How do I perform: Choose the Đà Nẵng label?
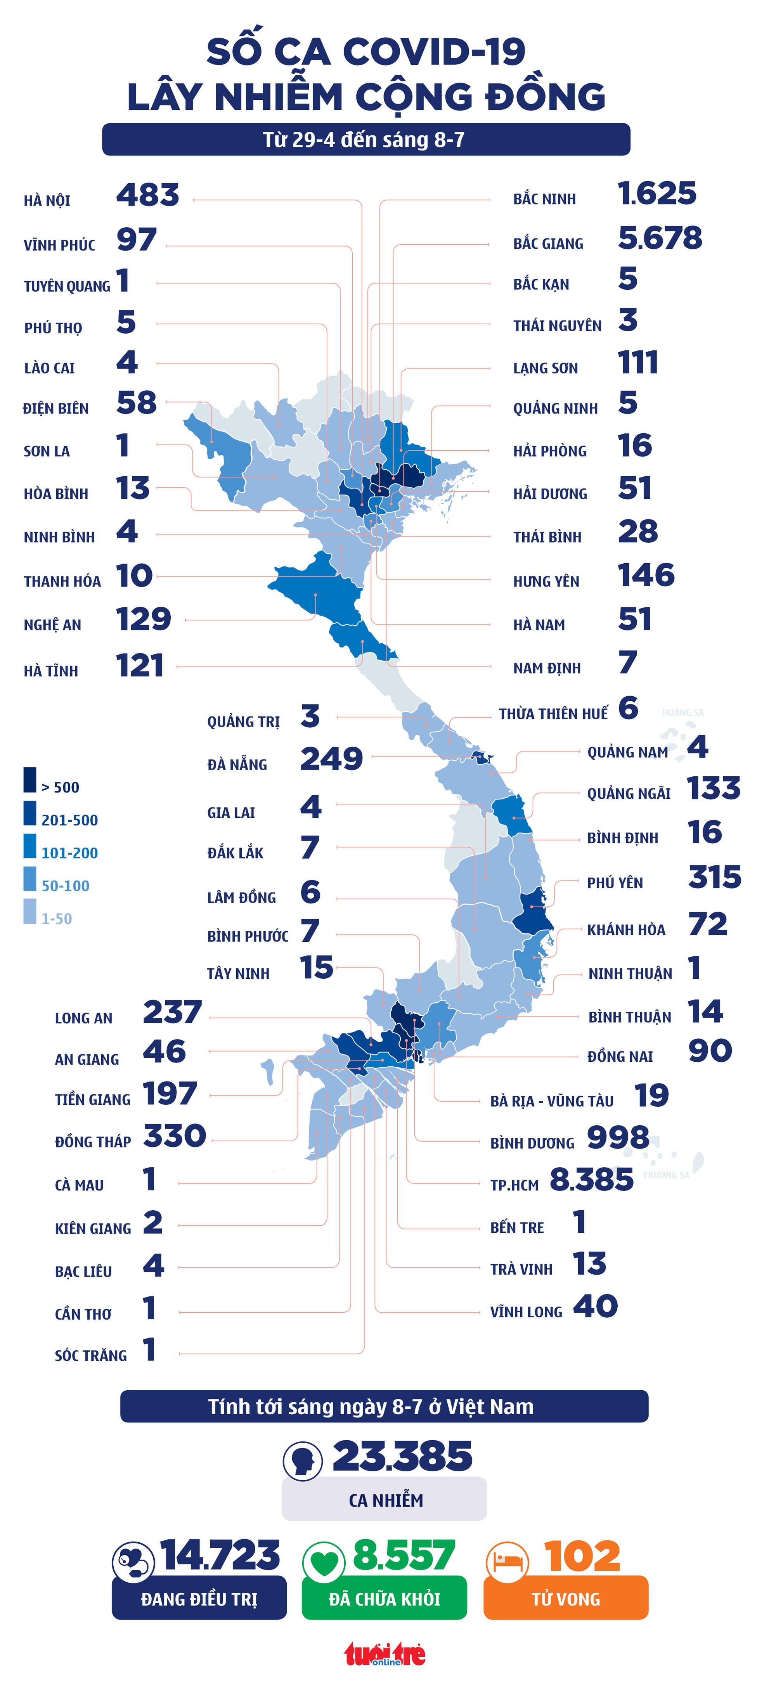tap(237, 764)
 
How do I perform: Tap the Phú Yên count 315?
tap(714, 877)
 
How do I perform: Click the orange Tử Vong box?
tap(566, 1599)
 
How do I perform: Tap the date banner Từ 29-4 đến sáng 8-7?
tap(365, 140)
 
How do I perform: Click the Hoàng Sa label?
tap(682, 713)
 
